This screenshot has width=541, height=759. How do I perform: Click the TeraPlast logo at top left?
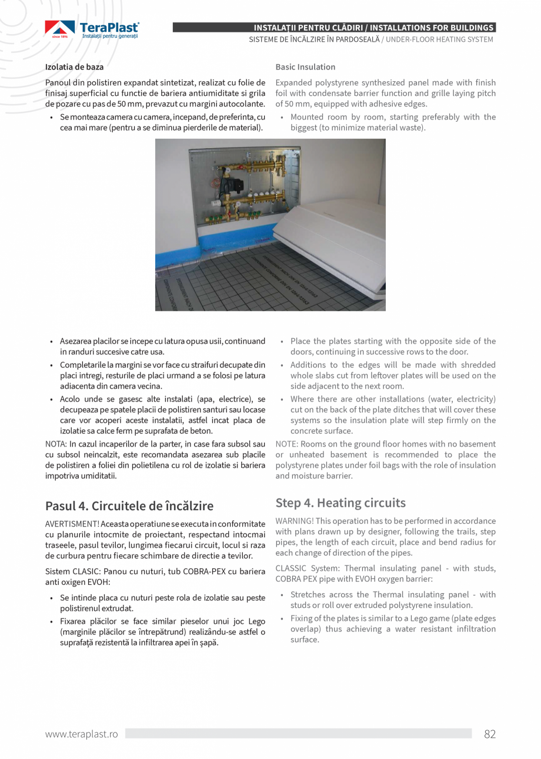[92, 29]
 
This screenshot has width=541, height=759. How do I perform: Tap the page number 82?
[489, 734]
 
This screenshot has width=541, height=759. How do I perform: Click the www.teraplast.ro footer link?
[81, 734]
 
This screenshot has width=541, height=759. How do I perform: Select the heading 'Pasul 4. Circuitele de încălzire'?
[129, 506]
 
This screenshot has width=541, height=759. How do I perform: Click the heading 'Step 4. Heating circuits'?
[340, 502]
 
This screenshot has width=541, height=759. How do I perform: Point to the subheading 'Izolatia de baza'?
[74, 67]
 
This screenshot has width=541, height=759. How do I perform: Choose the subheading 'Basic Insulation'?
[305, 67]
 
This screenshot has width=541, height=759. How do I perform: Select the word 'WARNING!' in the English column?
[294, 521]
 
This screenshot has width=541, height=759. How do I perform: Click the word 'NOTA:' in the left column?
[56, 444]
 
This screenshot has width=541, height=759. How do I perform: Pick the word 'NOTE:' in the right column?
[287, 444]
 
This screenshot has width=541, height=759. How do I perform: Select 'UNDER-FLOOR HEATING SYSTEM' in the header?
[440, 39]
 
